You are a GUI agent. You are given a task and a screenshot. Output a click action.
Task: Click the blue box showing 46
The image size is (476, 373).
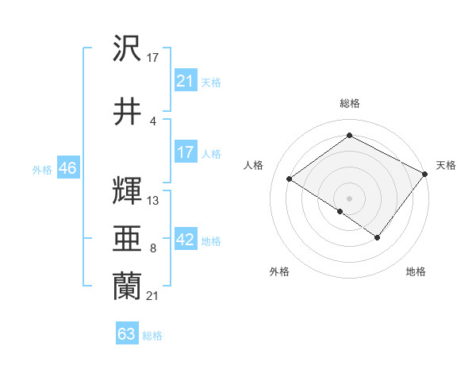click(67, 168)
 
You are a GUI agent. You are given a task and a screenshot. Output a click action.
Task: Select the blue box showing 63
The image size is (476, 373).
click(127, 334)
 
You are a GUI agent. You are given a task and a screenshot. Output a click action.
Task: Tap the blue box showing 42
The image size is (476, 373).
click(186, 240)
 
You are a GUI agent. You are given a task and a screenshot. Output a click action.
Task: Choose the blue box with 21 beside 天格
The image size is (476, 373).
click(186, 80)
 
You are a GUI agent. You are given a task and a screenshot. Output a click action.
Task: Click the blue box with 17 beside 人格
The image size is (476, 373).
click(186, 152)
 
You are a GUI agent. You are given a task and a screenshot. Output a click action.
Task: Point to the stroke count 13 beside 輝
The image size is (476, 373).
click(153, 201)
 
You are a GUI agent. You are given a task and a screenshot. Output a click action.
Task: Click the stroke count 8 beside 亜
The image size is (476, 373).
click(152, 248)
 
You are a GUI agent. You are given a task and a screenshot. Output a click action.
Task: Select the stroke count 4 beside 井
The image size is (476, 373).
click(152, 121)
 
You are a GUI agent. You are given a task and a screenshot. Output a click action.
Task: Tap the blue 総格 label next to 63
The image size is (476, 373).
click(153, 336)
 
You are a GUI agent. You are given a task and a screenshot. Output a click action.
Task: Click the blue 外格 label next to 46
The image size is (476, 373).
click(41, 170)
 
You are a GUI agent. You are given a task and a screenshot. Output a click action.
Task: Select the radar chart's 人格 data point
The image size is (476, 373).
click(290, 179)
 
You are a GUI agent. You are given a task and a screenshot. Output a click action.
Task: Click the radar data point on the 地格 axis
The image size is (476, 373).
click(378, 237)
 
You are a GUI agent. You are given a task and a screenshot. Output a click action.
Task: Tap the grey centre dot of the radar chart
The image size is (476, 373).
click(349, 198)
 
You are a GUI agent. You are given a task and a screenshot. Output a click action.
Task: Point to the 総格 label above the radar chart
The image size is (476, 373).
click(349, 103)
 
